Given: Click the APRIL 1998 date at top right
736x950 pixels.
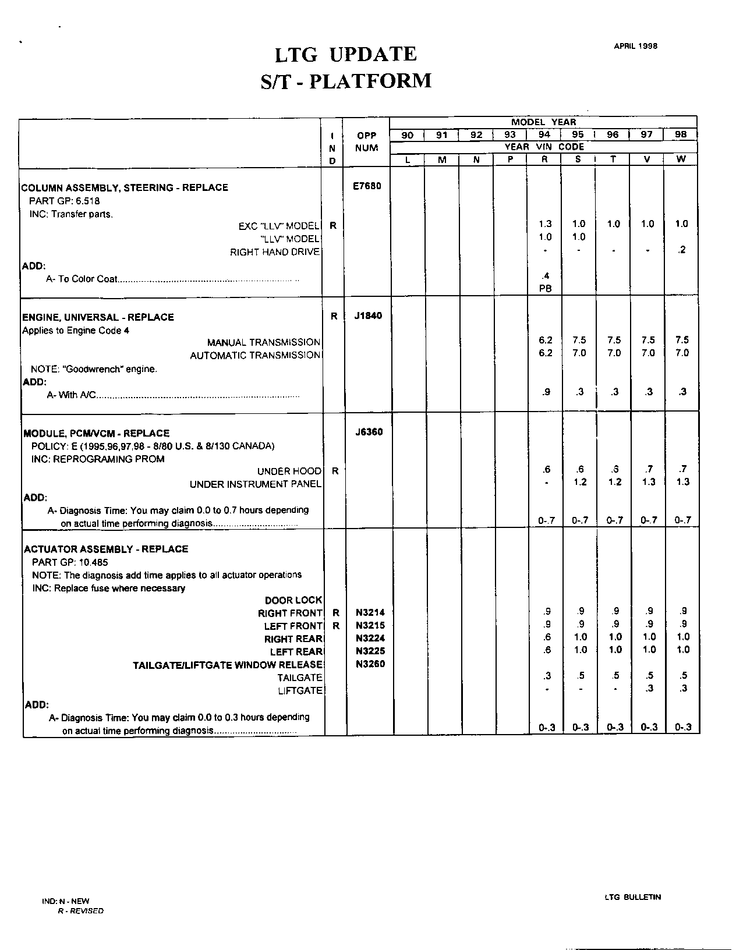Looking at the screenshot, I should pos(635,46).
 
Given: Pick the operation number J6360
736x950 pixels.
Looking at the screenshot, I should pos(369,432).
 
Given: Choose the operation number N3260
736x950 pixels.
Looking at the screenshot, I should pos(370,664).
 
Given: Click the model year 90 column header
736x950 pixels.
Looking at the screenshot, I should pos(407,134).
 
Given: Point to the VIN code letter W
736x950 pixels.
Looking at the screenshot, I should pos(681,159).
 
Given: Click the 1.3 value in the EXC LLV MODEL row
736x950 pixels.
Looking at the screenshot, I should pos(545,224).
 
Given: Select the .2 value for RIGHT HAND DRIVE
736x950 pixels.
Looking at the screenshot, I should pos(682,250).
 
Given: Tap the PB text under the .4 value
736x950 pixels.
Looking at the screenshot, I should pos(545,288).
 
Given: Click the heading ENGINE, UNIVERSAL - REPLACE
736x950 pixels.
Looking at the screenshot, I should pos(98,317).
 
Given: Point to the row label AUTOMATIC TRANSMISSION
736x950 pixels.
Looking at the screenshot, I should pos(255,355).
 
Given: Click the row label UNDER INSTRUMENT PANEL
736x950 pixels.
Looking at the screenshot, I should pos(255,484).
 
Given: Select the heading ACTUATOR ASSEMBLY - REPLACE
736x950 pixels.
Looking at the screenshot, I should pos(106,549).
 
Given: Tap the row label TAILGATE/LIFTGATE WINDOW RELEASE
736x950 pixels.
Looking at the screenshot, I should pos(228,665).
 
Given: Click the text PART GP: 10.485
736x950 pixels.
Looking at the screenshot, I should pos(70,562).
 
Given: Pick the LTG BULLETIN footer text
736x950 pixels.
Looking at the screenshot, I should pos(633,897).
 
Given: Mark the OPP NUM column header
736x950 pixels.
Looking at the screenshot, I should pos(367,141).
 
